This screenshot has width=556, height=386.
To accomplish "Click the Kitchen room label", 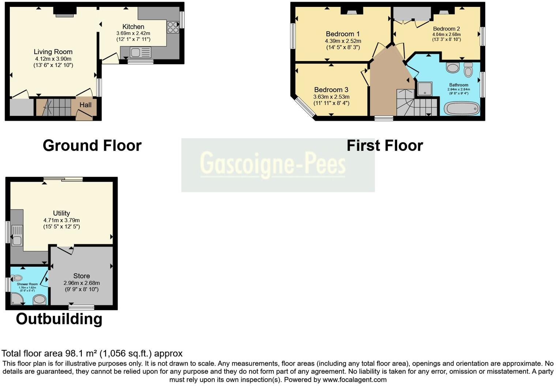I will pos(133,27).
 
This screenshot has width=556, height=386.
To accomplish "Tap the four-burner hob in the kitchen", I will pos(173,27).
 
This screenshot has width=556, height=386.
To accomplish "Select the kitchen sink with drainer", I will pos(140,53).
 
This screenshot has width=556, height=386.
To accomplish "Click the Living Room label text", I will pos(53,52).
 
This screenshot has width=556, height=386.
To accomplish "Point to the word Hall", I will pos(86,105).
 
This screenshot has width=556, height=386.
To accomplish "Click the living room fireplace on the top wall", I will pos(64,12).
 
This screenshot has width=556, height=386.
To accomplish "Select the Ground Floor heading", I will pos(92,145).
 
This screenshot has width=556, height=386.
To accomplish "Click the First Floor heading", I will pos(384,145).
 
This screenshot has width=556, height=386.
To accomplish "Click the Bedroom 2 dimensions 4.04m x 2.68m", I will pos(446,34).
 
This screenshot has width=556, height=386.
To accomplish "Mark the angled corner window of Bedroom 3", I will pos(305,108).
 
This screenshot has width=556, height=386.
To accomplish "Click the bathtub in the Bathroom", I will pos(461,109).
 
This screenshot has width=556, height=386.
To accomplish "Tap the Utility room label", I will pos(61,213).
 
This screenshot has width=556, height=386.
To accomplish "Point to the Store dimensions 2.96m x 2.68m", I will pos(82,283).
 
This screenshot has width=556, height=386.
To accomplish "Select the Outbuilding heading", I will pos(59,319).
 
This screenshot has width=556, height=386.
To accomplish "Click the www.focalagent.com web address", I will pos(354,379).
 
